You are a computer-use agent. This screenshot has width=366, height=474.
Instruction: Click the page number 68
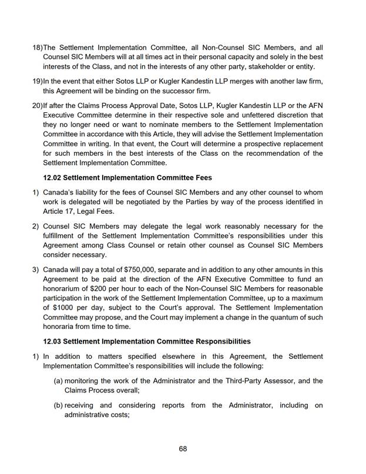pyautogui.click(x=183, y=449)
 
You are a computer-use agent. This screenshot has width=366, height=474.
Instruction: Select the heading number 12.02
pyautogui.click(x=54, y=177)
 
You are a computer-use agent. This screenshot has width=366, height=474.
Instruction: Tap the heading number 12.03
pyautogui.click(x=54, y=341)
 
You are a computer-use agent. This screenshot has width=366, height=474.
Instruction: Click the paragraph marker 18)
pyautogui.click(x=37, y=47)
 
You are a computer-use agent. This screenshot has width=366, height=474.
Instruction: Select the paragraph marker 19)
pyautogui.click(x=37, y=79)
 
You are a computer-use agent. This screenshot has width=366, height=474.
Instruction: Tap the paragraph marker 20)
pyautogui.click(x=37, y=105)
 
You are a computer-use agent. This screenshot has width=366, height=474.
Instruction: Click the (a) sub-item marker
pyautogui.click(x=58, y=381)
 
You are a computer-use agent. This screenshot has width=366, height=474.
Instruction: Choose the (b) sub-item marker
pyautogui.click(x=58, y=405)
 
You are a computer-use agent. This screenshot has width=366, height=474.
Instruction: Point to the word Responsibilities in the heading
pyautogui.click(x=219, y=341)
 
